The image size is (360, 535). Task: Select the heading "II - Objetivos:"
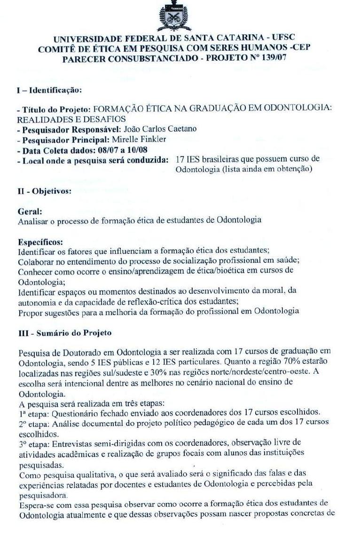click(x=44, y=191)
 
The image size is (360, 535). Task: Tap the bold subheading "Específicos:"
click(x=40, y=242)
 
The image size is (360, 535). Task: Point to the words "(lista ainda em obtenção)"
click(x=274, y=169)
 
